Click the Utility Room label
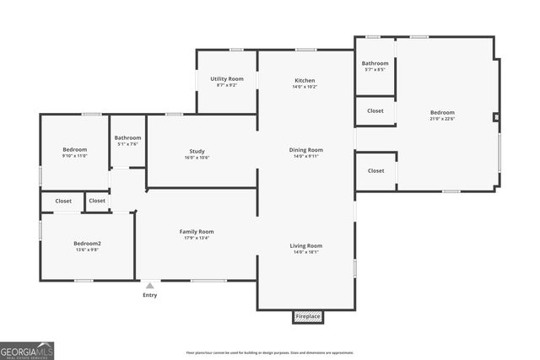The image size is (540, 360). (227, 78)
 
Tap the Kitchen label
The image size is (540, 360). (305, 80)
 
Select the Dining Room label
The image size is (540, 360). (308, 150)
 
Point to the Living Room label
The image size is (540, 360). (307, 245)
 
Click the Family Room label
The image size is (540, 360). (196, 231)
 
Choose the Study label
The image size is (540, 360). (197, 151)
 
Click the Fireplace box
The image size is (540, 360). (308, 316)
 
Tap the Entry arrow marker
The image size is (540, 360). (149, 286)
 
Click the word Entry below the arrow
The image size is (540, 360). (149, 295)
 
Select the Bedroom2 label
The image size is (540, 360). (87, 243)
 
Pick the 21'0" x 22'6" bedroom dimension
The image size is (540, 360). (442, 119)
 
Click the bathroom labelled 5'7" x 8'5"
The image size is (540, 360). (375, 66)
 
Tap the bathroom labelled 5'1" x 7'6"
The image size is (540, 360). (127, 140)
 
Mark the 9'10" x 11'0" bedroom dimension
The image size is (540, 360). (74, 156)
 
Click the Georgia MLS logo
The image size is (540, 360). (27, 350)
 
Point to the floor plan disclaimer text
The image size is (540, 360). (270, 352)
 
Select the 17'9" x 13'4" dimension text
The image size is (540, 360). (196, 238)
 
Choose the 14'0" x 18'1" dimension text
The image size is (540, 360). (307, 252)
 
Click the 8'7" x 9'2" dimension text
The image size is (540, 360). (227, 85)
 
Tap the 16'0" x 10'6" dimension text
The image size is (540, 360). (197, 158)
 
